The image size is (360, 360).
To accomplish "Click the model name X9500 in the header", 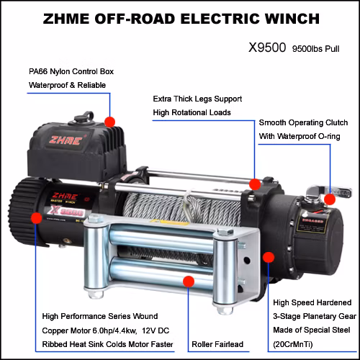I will click(x=266, y=50).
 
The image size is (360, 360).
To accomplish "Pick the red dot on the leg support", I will click(x=255, y=184).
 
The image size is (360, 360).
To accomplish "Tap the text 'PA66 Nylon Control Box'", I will click(x=71, y=72).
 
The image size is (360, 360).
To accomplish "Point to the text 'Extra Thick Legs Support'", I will click(x=197, y=98).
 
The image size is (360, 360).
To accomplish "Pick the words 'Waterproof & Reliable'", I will click(x=67, y=86).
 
